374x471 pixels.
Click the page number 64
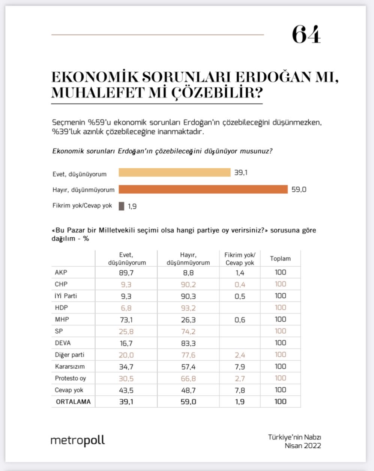(306, 35)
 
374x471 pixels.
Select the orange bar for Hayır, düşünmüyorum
(203, 189)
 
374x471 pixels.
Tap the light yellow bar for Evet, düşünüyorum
(174, 172)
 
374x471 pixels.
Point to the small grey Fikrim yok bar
(122, 206)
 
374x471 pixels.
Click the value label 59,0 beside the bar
(299, 190)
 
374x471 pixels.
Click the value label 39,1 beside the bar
(241, 173)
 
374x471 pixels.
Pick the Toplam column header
(280, 259)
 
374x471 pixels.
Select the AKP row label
(61, 273)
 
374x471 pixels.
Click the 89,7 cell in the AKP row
(126, 273)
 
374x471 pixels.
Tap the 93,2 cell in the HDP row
(188, 308)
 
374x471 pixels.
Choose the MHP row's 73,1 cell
(126, 320)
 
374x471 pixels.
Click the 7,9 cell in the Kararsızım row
(240, 367)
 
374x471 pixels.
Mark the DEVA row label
(63, 343)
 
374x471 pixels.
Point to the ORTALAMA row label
(73, 402)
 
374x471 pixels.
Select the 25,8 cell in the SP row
(126, 331)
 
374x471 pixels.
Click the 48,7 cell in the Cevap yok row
(188, 390)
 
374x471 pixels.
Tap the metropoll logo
(78, 441)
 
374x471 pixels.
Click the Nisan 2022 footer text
(303, 446)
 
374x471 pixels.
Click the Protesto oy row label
(70, 378)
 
